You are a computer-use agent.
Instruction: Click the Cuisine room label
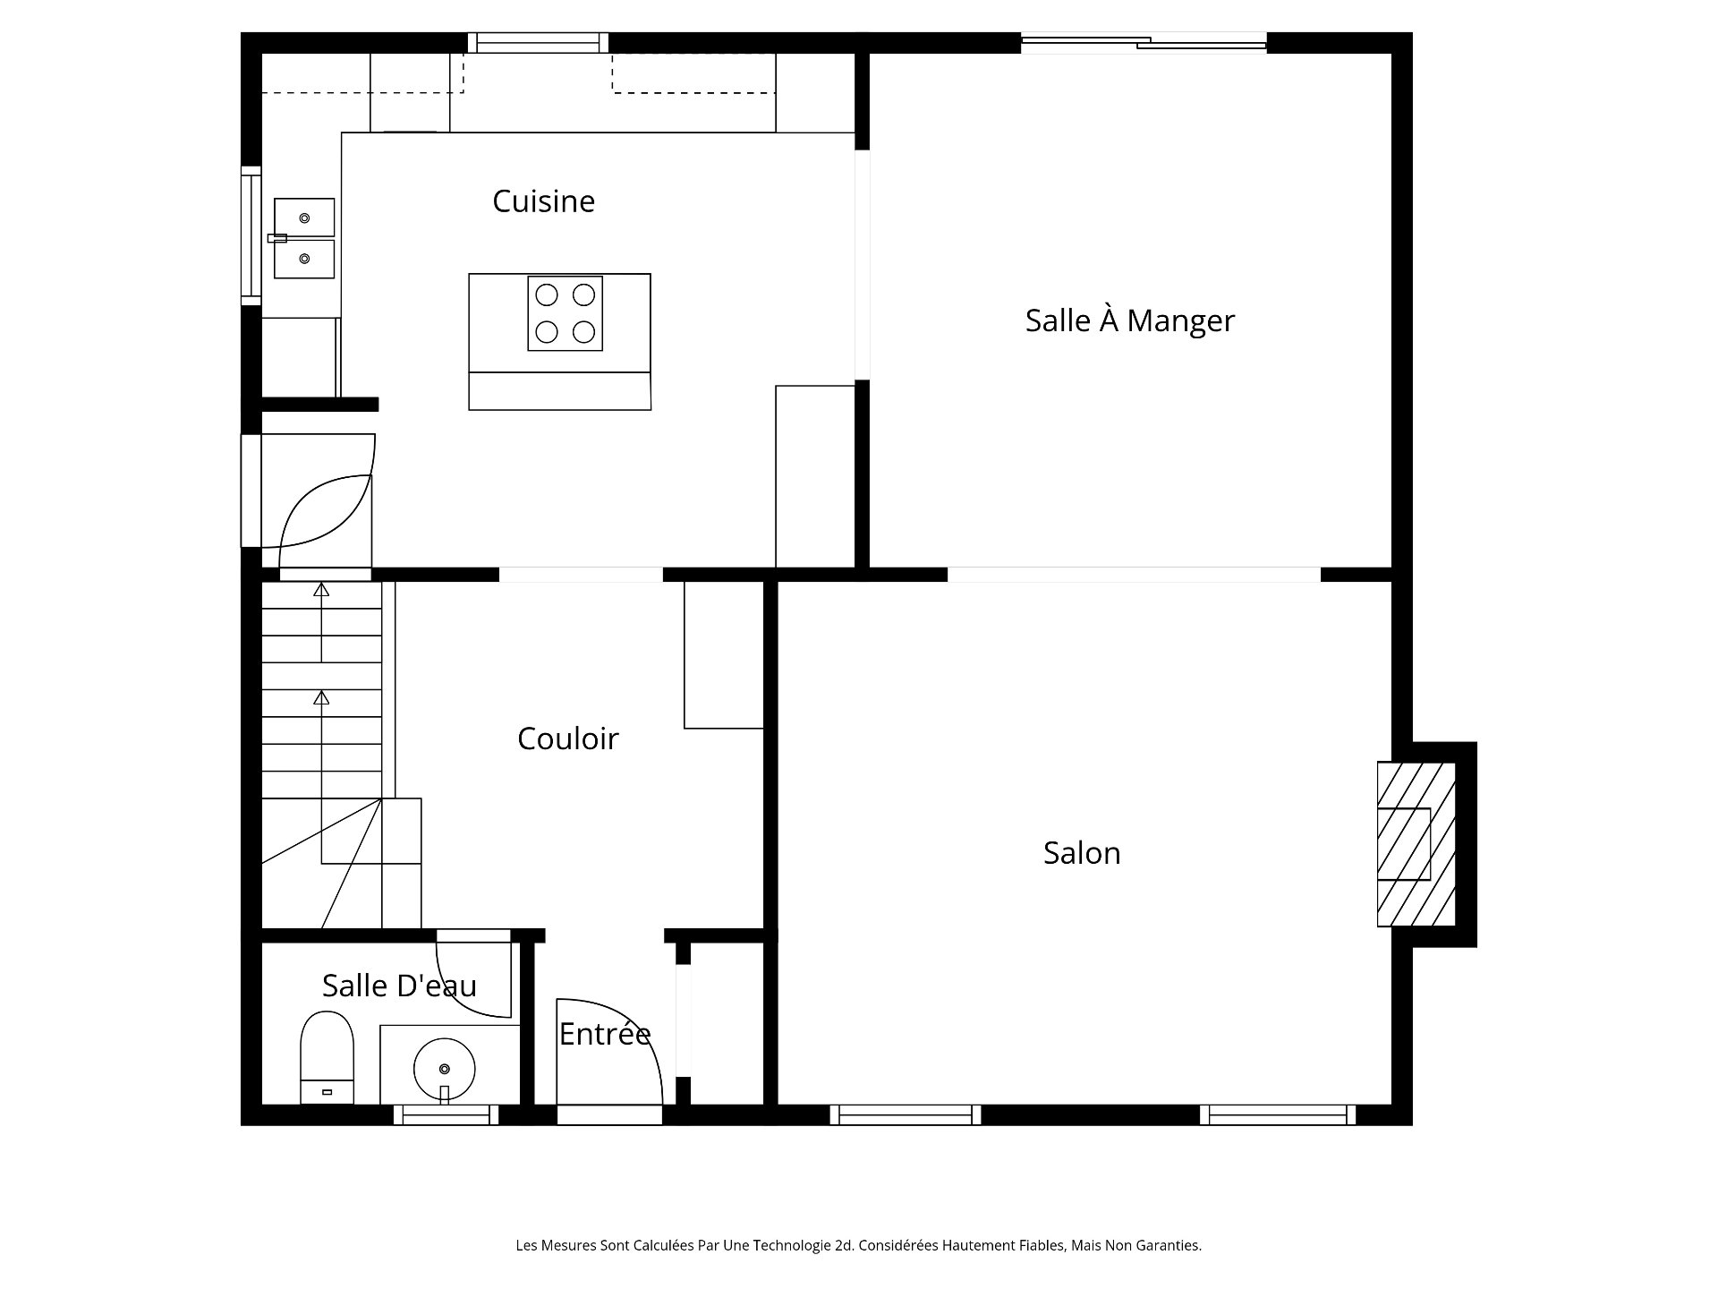click(x=543, y=201)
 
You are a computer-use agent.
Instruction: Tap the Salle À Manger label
click(x=1129, y=320)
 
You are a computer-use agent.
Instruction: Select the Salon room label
click(x=1082, y=853)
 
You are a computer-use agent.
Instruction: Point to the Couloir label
click(x=568, y=738)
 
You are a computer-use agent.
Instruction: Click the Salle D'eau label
click(x=399, y=986)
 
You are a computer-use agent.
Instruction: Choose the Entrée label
click(x=605, y=1034)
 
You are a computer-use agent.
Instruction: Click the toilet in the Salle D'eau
click(x=327, y=1057)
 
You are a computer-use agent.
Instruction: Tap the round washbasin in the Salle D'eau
click(x=444, y=1068)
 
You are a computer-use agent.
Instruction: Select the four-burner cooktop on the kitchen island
click(x=565, y=313)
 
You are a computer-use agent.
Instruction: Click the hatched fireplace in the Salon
click(x=1416, y=843)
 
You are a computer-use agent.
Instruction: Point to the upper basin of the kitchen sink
click(x=304, y=218)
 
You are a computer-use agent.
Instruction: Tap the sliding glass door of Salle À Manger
click(x=1144, y=41)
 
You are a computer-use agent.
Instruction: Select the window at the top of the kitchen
click(x=538, y=42)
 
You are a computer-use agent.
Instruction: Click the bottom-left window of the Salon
click(x=905, y=1114)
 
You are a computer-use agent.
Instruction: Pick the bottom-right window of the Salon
click(x=1277, y=1114)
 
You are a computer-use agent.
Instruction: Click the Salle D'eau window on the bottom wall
click(x=446, y=1114)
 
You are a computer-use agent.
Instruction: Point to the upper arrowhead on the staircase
click(x=321, y=589)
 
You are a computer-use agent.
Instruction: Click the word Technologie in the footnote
click(x=790, y=1245)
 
